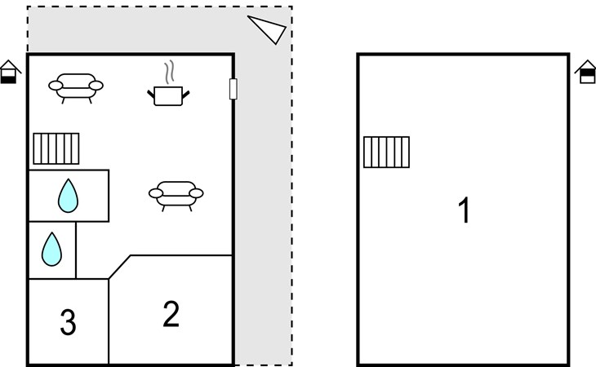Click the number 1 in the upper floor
(x=464, y=211)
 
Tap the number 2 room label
(x=171, y=314)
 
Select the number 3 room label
(x=69, y=324)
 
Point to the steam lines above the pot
(x=169, y=73)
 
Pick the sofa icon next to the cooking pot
(x=76, y=86)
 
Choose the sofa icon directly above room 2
(x=176, y=194)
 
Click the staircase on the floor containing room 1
(x=386, y=152)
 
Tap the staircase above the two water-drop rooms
(x=56, y=148)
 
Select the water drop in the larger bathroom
(x=68, y=196)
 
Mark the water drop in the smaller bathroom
(x=51, y=249)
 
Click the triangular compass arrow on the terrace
(x=269, y=29)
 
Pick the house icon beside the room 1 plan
(x=585, y=73)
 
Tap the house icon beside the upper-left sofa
(x=10, y=72)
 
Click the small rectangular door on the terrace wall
(x=234, y=89)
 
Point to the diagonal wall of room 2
(x=120, y=267)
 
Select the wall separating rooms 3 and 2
(x=109, y=322)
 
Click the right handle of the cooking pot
(x=186, y=95)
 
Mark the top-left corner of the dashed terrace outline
(x=28, y=7)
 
